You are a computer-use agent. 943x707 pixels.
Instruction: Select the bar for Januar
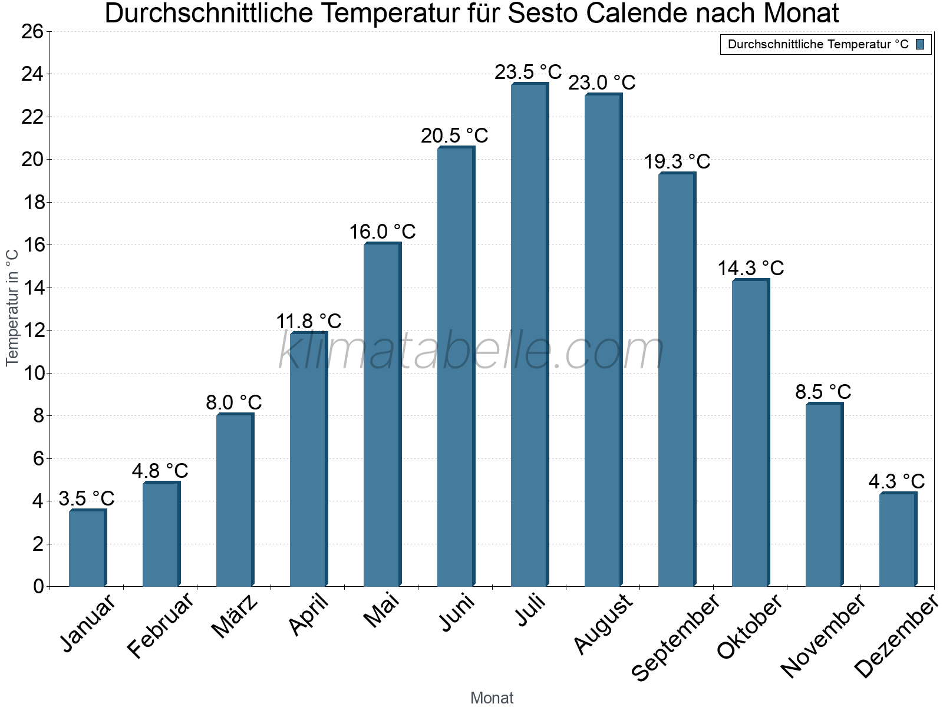87,548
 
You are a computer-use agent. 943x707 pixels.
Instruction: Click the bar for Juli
529,336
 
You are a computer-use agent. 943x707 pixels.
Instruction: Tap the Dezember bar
898,540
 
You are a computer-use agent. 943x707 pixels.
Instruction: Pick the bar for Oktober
750,433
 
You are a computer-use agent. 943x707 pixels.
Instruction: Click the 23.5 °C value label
528,72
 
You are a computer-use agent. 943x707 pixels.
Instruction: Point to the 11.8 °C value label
309,321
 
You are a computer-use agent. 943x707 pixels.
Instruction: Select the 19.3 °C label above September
677,161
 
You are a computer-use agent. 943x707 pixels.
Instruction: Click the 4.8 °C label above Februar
160,471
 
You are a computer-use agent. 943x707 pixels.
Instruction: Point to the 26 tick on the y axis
32,31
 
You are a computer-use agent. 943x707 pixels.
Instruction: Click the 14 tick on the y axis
32,288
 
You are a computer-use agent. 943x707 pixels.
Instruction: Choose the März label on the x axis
235,617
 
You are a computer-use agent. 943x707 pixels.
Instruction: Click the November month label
823,636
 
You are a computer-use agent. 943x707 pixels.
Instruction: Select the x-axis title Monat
492,698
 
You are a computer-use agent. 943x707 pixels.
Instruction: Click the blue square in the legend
920,44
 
